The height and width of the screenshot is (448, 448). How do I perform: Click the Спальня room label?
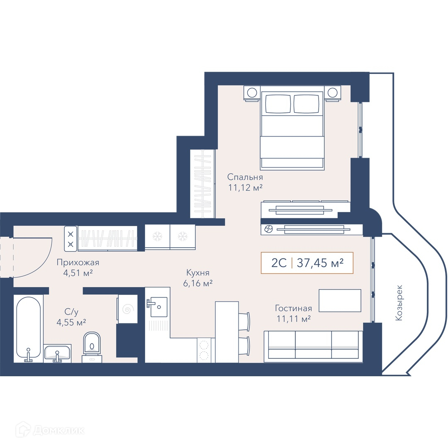coord(245,177)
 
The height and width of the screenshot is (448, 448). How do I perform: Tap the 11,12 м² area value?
coord(245,188)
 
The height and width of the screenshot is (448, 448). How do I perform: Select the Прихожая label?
coord(78,262)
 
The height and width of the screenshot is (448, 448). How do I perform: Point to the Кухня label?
coord(198,273)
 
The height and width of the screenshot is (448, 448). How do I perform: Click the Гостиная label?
coord(293,308)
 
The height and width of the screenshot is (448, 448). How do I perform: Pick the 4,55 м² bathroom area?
coord(71,322)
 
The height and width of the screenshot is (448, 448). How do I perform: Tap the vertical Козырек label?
coord(399,302)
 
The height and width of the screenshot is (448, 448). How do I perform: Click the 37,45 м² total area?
coord(320,263)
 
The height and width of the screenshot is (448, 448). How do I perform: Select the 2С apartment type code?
coord(279,263)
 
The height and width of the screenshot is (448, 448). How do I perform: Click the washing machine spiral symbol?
coord(127,309)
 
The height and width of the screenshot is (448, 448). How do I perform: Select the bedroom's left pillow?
coord(278,104)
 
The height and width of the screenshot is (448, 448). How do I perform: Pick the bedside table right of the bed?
coord(333,93)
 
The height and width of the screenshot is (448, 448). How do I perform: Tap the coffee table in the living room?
coord(340,301)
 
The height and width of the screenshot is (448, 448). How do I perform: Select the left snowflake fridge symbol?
coord(157,236)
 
